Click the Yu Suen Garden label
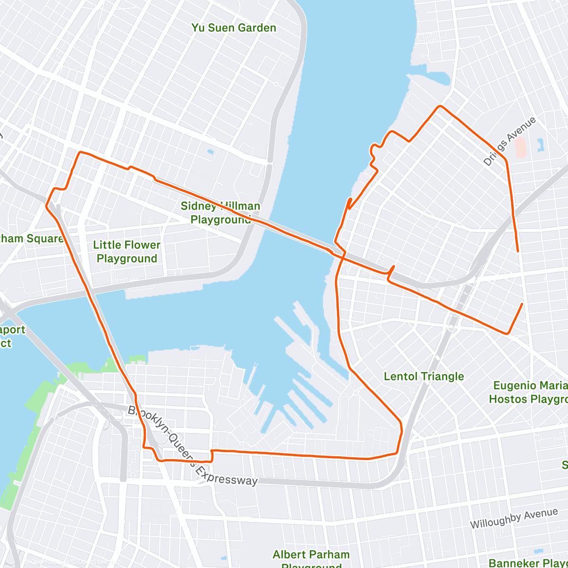click(233, 28)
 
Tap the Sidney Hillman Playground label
click(221, 213)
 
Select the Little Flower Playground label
click(127, 251)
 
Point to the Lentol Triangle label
click(424, 376)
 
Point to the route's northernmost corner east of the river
click(440, 106)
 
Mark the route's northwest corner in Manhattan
click(80, 152)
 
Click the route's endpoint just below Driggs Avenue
click(518, 251)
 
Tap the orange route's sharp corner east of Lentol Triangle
click(507, 333)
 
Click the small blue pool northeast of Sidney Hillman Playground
click(210, 152)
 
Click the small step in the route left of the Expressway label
click(211, 455)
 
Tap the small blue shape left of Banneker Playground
click(538, 551)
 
